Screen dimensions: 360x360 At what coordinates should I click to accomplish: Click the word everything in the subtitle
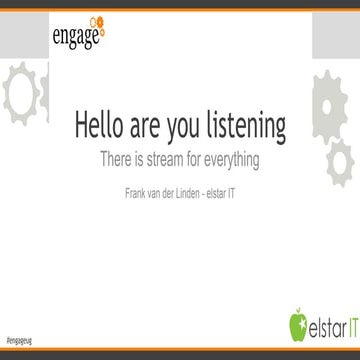pos(237,158)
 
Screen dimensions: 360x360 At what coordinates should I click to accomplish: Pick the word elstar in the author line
pos(231,187)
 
